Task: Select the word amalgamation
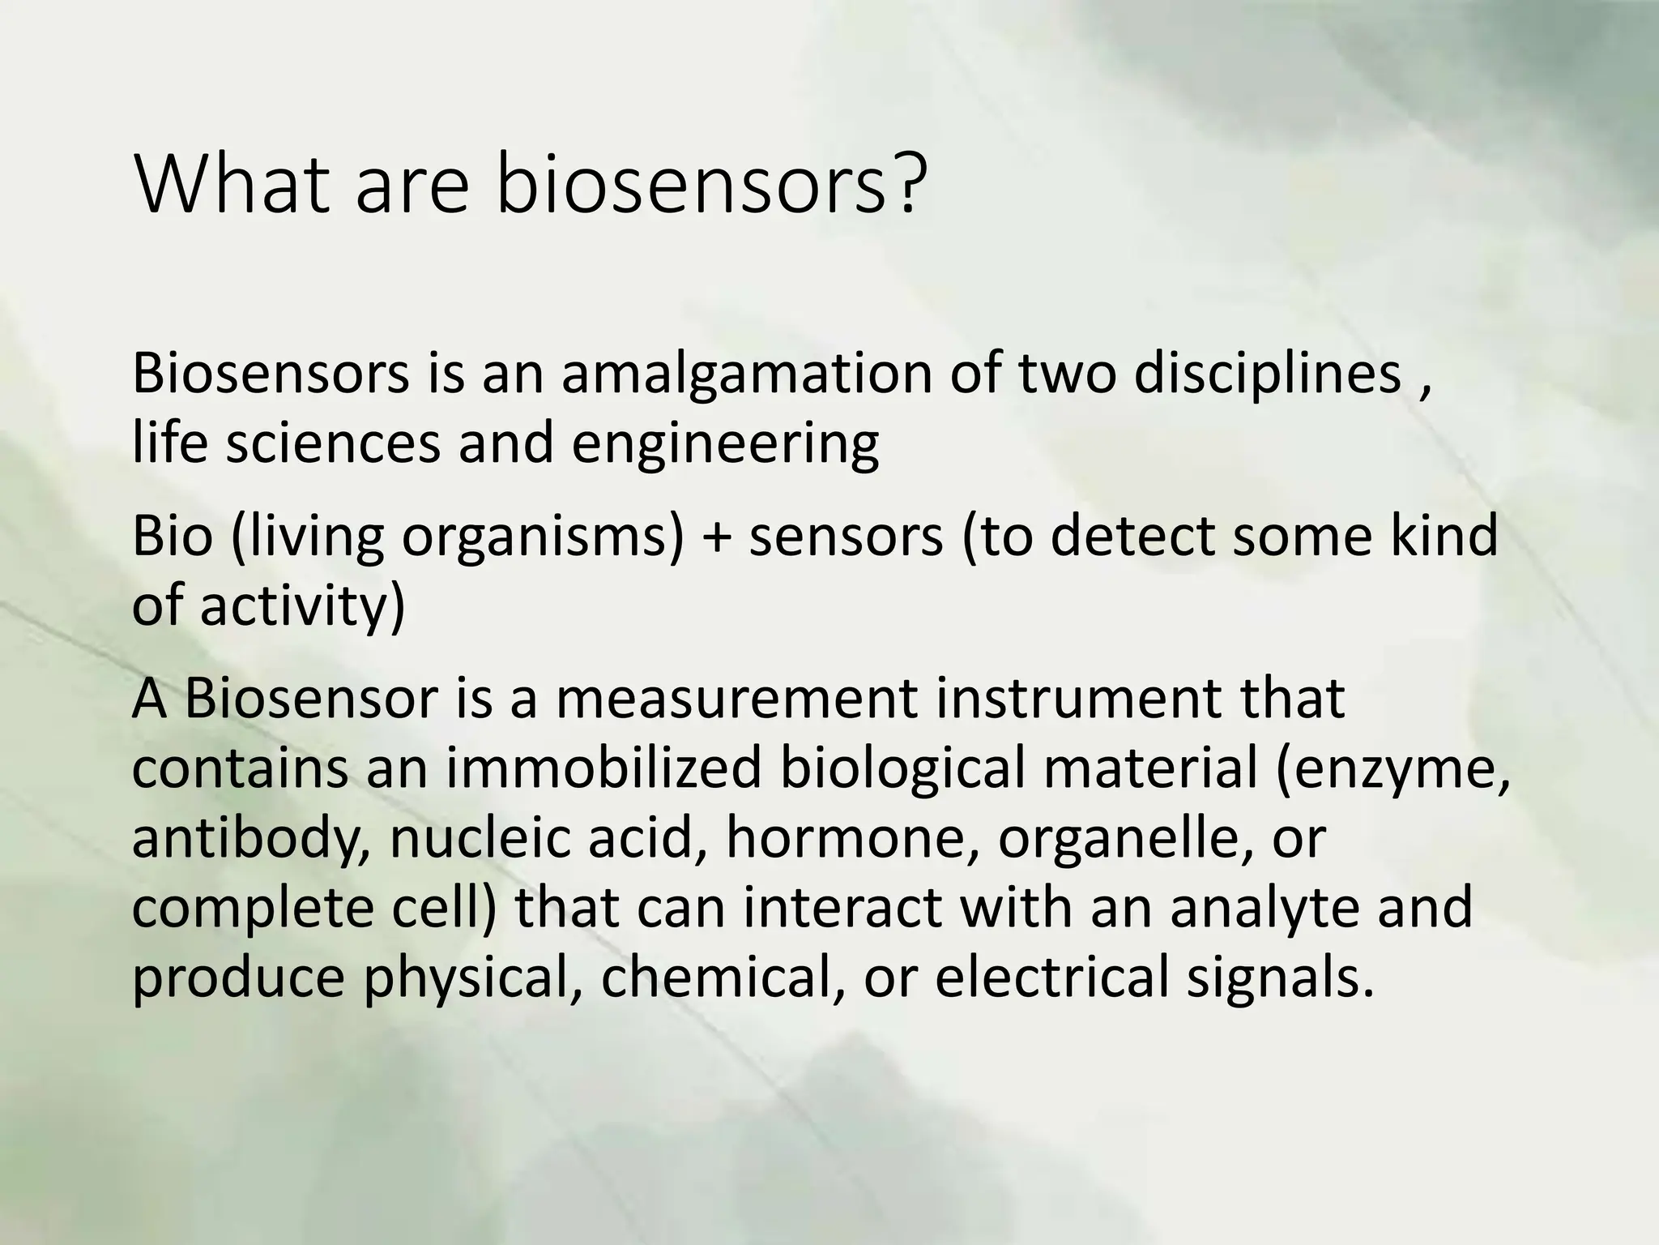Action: click(746, 374)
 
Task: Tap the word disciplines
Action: click(1267, 374)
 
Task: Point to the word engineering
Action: click(725, 445)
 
